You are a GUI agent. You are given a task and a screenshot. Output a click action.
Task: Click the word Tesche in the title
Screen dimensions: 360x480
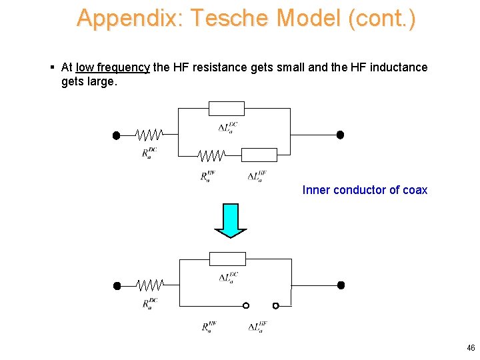231,18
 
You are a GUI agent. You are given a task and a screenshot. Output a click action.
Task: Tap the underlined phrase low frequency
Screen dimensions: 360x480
113,67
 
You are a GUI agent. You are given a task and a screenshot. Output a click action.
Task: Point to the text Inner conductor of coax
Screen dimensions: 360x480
365,190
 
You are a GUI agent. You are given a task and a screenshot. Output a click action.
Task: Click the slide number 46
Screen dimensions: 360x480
471,348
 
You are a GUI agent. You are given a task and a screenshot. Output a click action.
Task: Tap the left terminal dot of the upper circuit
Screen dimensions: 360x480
116,135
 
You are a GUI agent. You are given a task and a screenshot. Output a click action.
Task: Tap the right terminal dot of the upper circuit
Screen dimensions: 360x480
340,135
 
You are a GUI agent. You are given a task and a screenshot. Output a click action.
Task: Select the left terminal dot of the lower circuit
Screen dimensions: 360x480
117,286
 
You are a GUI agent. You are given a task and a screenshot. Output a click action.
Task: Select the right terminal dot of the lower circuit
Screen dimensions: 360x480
341,285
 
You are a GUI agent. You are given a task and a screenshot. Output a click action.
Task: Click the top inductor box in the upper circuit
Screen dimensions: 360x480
227,109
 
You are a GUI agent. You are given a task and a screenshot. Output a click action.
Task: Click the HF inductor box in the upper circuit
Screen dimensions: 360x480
259,155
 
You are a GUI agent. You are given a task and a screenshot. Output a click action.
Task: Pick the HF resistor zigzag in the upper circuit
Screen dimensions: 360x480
211,155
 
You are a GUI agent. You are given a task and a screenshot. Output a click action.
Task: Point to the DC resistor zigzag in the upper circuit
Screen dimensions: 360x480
148,135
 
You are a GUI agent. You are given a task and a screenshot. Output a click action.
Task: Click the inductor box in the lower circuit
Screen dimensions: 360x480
227,259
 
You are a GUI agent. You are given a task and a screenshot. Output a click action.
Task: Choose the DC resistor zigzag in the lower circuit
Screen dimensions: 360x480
149,286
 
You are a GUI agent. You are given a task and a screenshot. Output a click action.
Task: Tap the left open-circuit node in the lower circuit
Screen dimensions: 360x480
245,305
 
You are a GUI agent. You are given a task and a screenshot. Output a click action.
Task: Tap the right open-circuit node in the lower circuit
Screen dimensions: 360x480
275,305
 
